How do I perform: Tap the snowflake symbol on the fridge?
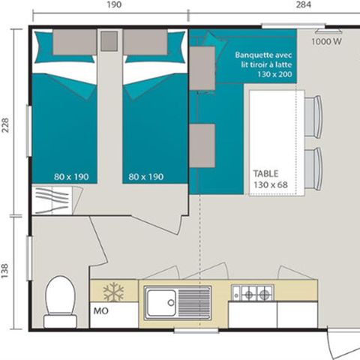click(112, 292)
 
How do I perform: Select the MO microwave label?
click(100, 309)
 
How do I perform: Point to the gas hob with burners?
click(252, 293)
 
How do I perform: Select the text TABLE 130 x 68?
click(270, 178)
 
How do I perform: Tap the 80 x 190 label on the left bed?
click(71, 177)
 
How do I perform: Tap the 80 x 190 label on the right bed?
click(146, 177)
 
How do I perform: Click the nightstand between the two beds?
click(109, 40)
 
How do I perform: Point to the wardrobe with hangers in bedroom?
click(55, 201)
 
